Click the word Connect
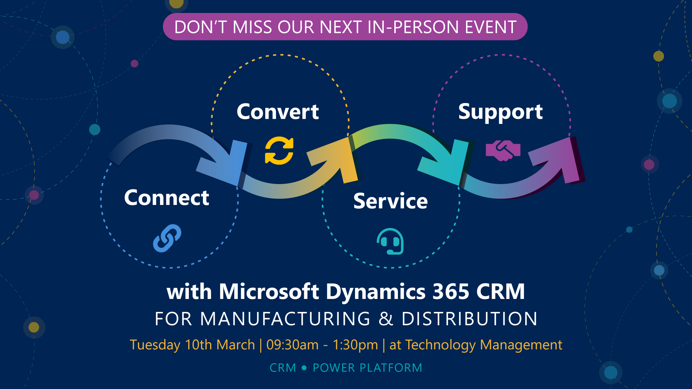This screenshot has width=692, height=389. point(167,198)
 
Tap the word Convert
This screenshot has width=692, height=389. point(278,112)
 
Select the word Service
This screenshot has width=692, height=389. point(390,201)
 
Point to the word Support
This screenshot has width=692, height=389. point(500,112)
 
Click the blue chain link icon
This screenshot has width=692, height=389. point(167,238)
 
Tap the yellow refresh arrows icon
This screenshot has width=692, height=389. point(279,151)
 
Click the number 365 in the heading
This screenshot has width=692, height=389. point(451,291)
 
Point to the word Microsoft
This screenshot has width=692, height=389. point(269,291)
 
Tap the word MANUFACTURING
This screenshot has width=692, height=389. point(285,319)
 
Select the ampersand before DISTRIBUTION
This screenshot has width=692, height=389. point(386,319)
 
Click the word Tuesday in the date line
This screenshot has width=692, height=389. point(155,345)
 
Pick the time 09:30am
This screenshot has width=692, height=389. point(292,345)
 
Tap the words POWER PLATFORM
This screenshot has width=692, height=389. point(367,368)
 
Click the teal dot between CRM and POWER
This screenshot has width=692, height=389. point(304,368)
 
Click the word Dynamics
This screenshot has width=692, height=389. point(376,291)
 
